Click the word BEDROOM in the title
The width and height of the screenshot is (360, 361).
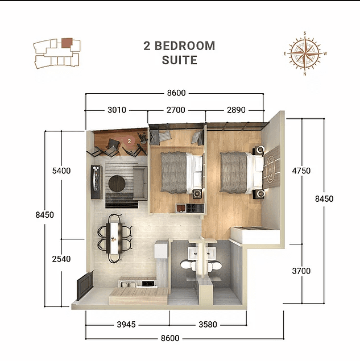pos(187,46)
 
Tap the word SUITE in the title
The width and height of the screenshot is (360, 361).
pos(179,60)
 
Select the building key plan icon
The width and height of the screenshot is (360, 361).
pos(56,53)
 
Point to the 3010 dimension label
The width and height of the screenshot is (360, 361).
pos(116,110)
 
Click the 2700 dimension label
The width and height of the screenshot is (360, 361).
pos(177,110)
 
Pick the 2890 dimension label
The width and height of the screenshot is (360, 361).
pos(235,110)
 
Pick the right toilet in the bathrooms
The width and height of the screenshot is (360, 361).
pos(215,267)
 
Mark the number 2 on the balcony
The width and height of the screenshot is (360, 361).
pos(130,139)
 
